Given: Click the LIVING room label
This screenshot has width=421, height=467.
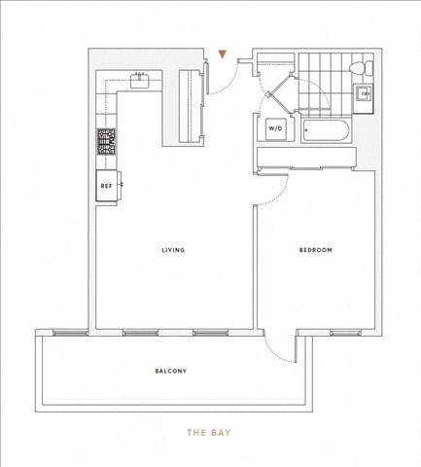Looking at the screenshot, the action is [173, 250].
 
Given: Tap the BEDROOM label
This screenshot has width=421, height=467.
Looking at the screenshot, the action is [316, 250].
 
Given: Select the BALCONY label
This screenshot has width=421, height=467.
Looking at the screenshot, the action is [171, 371].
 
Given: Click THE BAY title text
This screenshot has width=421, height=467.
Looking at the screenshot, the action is [209, 433].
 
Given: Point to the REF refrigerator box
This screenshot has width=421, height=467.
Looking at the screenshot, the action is [107, 186].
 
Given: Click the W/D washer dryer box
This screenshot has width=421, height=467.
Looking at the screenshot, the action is [275, 128].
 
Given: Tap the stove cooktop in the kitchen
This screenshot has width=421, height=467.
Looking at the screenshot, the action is [106, 142].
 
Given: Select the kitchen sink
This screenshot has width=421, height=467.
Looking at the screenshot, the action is [140, 80].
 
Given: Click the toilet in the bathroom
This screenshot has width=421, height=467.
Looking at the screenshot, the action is [362, 68].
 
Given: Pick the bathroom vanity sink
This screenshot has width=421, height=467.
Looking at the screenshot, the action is [363, 93].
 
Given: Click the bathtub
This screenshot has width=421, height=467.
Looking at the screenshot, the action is [326, 131].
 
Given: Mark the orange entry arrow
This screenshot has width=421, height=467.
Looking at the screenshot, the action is [222, 54].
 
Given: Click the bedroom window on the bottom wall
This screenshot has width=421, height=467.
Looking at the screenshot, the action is [346, 333].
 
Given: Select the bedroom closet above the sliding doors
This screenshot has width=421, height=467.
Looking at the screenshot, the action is [306, 157].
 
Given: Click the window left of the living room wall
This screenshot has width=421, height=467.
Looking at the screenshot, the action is [70, 333].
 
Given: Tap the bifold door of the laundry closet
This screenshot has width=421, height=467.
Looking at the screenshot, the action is [279, 94].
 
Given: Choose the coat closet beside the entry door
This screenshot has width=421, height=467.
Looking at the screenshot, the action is [192, 106].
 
